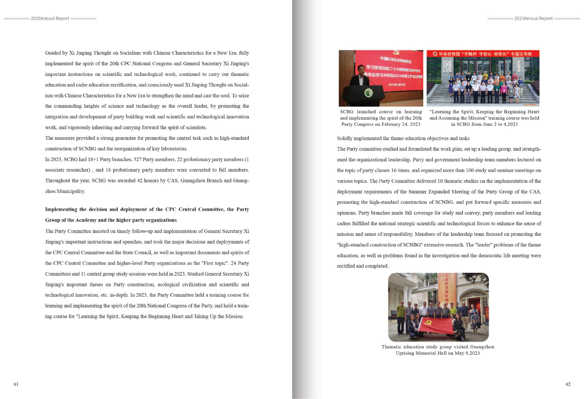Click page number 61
click(16, 384)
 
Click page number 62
click(568, 384)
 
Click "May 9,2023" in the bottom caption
click(467, 353)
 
